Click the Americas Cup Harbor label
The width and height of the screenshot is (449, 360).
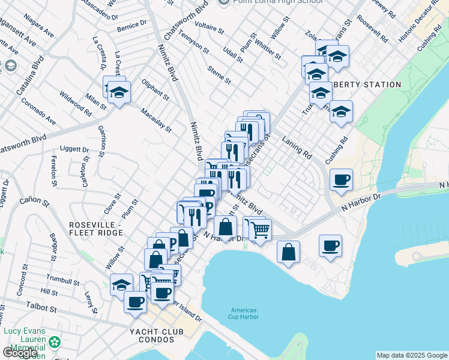click(244, 314)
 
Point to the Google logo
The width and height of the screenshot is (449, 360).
click(20, 353)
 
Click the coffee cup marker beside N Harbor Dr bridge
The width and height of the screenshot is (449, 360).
click(341, 180)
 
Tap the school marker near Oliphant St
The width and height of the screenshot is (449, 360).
click(119, 93)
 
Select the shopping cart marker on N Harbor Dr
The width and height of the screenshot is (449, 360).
click(260, 230)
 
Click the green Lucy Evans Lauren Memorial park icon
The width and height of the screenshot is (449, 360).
click(55, 342)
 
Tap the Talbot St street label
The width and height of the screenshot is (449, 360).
click(40, 308)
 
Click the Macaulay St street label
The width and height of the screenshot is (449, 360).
click(156, 120)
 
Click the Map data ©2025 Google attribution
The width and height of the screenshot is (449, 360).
click(412, 355)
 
